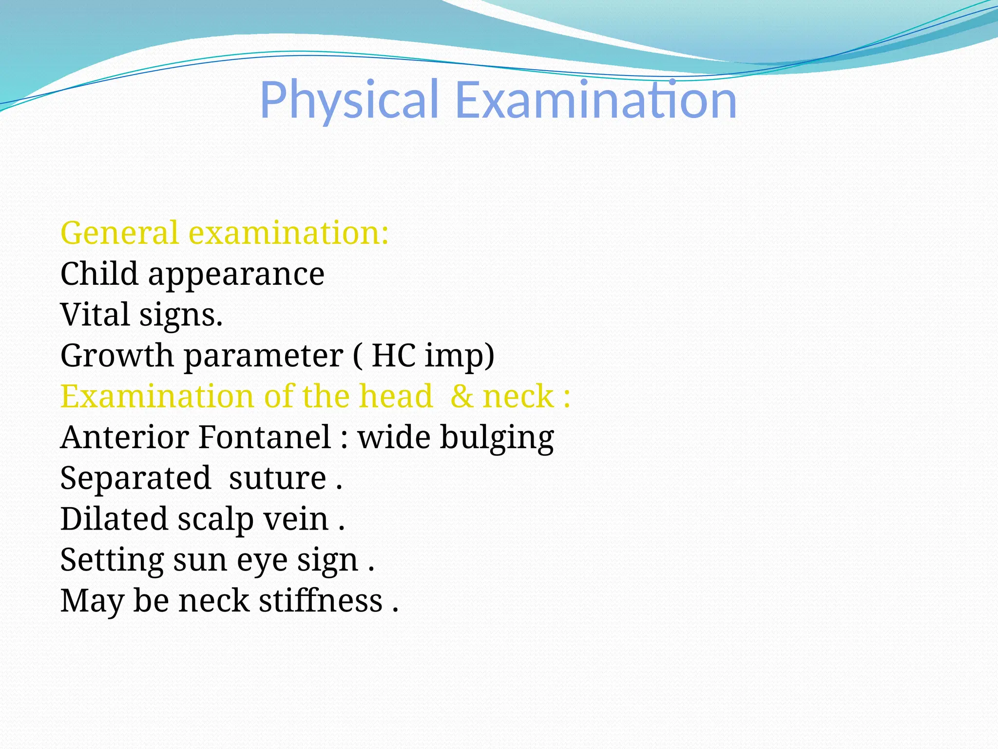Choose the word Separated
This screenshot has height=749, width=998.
[x=135, y=478]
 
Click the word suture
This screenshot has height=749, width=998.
[x=278, y=478]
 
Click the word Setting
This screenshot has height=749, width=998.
[x=112, y=561]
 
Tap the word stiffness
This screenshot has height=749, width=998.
[x=321, y=600]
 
